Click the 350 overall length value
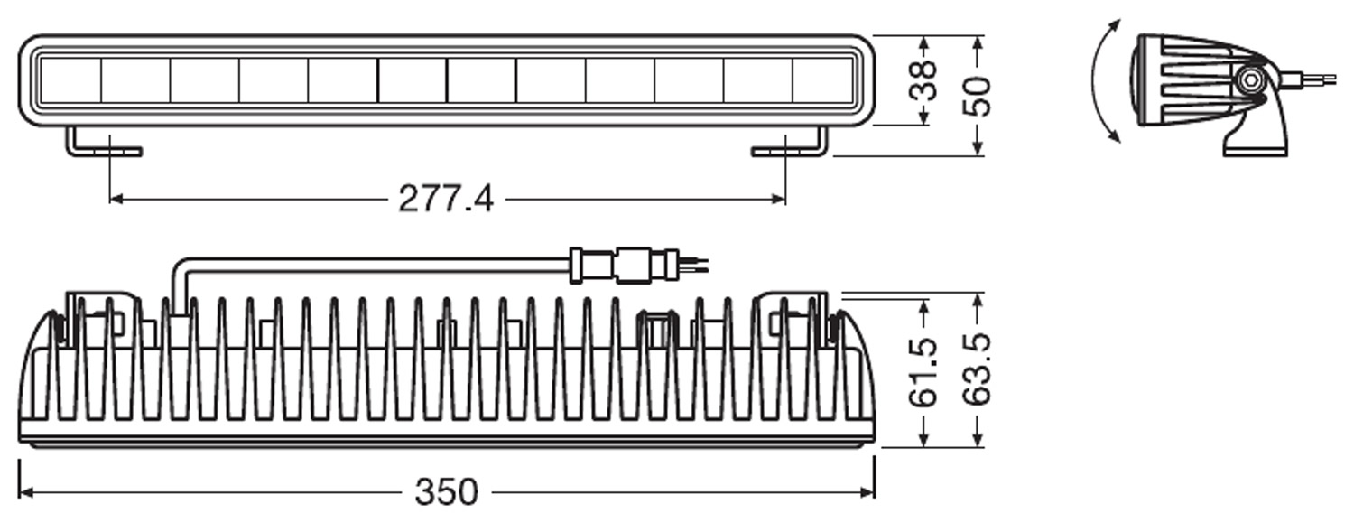click(446, 492)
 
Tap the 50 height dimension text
click(978, 96)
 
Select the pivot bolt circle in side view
click(1250, 80)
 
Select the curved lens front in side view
click(1134, 81)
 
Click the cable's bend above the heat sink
click(181, 266)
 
